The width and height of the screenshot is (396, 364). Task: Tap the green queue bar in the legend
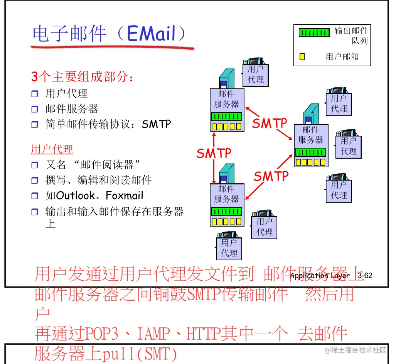click(314, 33)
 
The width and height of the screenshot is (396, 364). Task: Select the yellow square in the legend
click(302, 57)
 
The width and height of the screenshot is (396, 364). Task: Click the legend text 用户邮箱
click(342, 57)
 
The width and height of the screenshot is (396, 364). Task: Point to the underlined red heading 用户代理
click(52, 149)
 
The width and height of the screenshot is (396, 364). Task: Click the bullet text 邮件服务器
click(72, 109)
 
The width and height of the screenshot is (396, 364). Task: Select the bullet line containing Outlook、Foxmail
click(94, 195)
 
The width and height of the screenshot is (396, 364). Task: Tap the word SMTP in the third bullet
click(156, 124)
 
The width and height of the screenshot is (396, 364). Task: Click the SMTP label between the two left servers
click(214, 153)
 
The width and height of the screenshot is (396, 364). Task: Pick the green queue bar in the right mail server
click(311, 152)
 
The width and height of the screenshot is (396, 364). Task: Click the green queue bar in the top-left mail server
click(227, 116)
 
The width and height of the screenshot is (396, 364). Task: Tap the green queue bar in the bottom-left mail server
click(227, 212)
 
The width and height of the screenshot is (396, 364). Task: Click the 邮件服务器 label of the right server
click(311, 135)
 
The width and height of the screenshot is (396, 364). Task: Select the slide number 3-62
click(365, 275)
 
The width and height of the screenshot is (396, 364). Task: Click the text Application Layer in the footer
click(320, 276)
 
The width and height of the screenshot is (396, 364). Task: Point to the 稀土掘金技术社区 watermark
click(355, 350)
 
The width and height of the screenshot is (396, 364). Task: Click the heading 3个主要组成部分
click(83, 77)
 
